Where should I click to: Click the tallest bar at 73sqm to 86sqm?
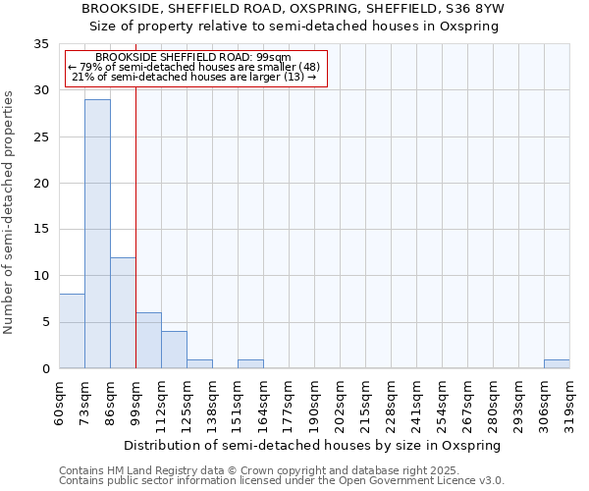pyautogui.click(x=97, y=234)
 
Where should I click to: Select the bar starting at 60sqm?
pyautogui.click(x=72, y=331)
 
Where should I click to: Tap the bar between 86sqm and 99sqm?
pyautogui.click(x=123, y=312)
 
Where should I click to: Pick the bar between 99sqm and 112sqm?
pyautogui.click(x=148, y=341)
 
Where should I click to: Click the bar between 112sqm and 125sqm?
pyautogui.click(x=174, y=350)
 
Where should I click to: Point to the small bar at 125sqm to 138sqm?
pyautogui.click(x=199, y=363)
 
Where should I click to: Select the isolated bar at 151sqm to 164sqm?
pyautogui.click(x=250, y=363)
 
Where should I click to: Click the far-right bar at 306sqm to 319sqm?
pyautogui.click(x=557, y=363)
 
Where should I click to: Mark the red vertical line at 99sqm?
pyautogui.click(x=135, y=226)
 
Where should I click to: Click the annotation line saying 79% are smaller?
pyautogui.click(x=193, y=67)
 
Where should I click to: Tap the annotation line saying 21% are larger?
pyautogui.click(x=193, y=77)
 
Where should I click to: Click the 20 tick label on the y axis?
pyautogui.click(x=41, y=183)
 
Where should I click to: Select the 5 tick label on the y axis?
pyautogui.click(x=45, y=322)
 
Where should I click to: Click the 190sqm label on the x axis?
pyautogui.click(x=314, y=401)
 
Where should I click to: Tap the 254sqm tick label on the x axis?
pyautogui.click(x=442, y=401)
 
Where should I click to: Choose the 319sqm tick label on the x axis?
pyautogui.click(x=569, y=401)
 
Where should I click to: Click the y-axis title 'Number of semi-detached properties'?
pyautogui.click(x=10, y=212)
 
